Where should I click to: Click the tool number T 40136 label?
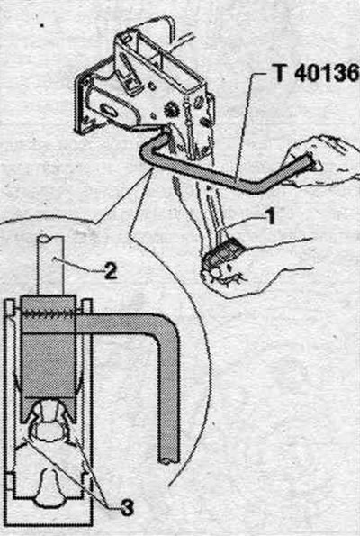pos(317,73)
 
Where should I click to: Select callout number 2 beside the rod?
pos(111,271)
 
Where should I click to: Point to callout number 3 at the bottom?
pos(127,508)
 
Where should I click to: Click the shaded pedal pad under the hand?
pos(223,253)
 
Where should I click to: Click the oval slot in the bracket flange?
pos(109,111)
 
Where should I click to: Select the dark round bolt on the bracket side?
pos(170,109)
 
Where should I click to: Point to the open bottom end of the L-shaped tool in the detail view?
pos(168,459)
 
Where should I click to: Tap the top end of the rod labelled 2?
pos(50,239)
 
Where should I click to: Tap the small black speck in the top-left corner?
pos(42,25)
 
